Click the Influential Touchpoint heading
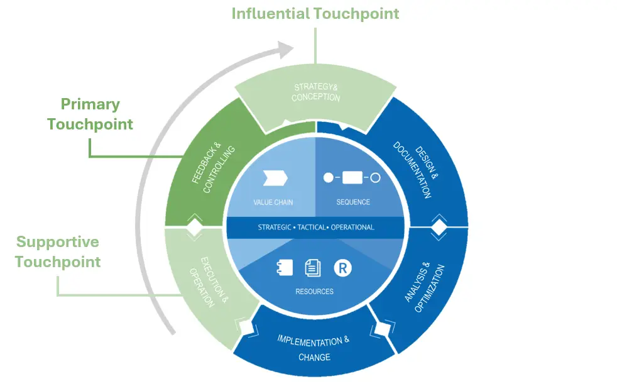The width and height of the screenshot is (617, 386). (x=315, y=14)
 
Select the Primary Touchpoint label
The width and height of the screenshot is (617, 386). (x=90, y=114)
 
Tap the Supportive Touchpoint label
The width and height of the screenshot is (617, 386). (x=58, y=251)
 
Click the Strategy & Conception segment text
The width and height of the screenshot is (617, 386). (x=315, y=92)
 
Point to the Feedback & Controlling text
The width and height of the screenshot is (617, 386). (x=213, y=167)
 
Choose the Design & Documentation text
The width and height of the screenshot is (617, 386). (x=416, y=170)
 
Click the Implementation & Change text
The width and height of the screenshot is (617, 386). (x=314, y=348)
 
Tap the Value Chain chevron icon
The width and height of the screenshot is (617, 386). (x=275, y=178)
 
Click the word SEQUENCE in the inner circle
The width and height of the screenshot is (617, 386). (x=353, y=202)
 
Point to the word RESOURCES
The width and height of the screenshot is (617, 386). (x=314, y=292)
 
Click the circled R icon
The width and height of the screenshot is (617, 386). (x=342, y=268)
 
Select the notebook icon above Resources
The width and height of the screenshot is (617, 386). (x=285, y=268)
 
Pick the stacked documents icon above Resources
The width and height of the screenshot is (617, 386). (x=313, y=268)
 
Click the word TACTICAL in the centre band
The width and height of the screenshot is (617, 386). (x=311, y=228)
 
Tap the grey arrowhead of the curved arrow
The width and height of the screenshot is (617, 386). (x=286, y=50)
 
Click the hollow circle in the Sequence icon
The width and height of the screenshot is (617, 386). (x=375, y=178)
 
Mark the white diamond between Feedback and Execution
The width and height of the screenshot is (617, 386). (x=194, y=228)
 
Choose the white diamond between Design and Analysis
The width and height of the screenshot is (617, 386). (x=439, y=228)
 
